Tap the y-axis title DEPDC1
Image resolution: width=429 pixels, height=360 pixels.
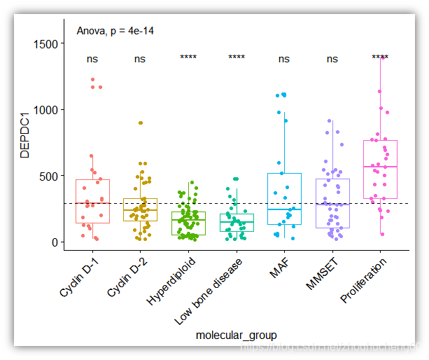[x=25, y=132]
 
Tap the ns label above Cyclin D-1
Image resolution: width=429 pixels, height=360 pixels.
[x=92, y=59]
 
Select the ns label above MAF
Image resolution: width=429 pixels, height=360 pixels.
[x=283, y=59]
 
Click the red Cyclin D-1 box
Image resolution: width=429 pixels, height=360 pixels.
[x=92, y=201]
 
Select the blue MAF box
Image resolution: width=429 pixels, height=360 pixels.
[x=284, y=199]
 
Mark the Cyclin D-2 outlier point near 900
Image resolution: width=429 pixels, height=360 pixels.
[x=140, y=123]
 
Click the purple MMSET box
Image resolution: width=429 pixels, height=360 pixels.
[x=332, y=203]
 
